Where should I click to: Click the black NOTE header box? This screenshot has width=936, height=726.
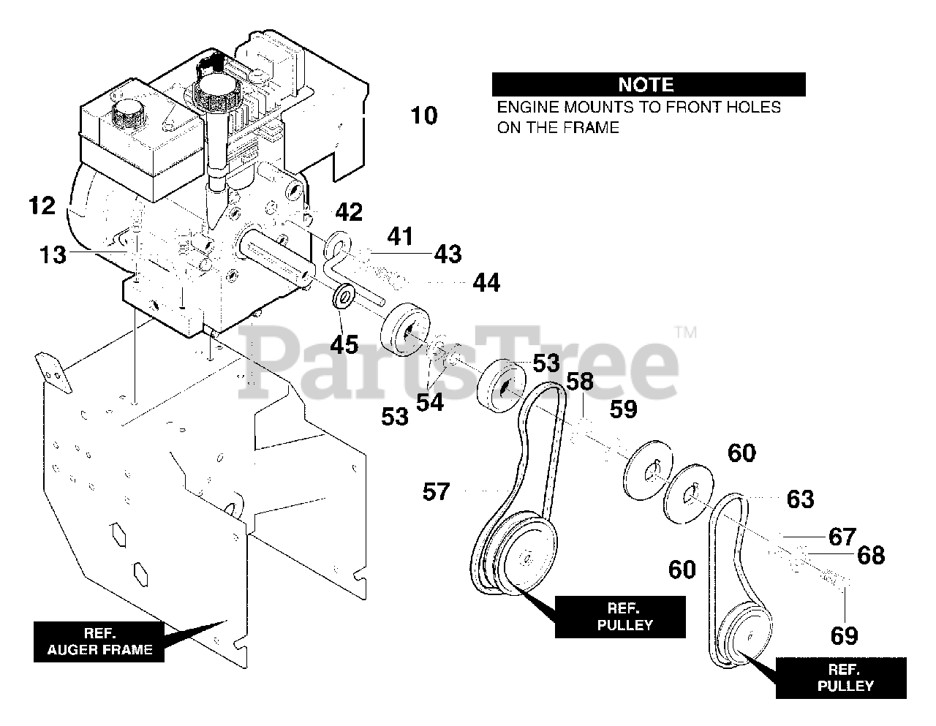[648, 84]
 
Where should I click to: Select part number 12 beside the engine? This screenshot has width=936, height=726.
[42, 206]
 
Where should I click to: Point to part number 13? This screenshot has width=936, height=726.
[53, 254]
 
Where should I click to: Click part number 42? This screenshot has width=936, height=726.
[349, 212]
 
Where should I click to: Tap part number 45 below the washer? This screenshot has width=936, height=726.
[344, 344]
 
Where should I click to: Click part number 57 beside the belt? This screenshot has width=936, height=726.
[437, 492]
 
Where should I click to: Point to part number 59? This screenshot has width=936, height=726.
[623, 409]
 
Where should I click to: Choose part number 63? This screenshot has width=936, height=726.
[800, 499]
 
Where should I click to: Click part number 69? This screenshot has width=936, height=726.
[844, 635]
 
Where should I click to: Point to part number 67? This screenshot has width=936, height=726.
[842, 537]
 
